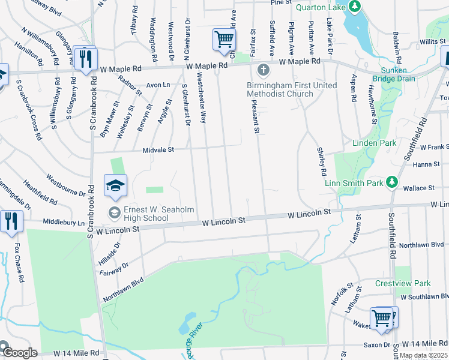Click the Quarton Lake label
[321, 7]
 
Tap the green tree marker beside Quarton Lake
[355, 7]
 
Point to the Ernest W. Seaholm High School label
[146, 214]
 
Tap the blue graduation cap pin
[116, 186]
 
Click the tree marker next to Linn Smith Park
[392, 181]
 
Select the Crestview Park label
[403, 283]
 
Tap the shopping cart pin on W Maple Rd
[224, 40]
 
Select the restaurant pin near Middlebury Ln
[11, 221]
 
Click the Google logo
[19, 353]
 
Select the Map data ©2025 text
[424, 355]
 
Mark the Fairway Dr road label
[118, 266]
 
